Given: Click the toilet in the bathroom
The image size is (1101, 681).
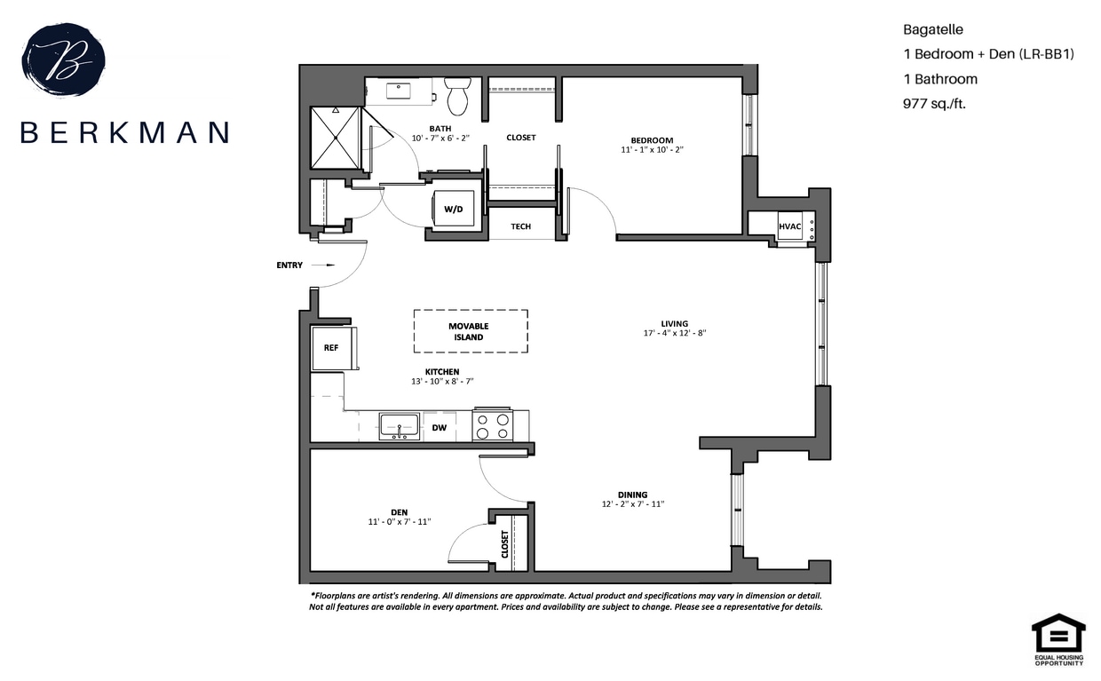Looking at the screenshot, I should click(457, 97).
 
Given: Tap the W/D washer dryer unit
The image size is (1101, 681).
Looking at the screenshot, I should click(453, 210).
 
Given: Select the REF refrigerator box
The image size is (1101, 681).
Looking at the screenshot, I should click(331, 348).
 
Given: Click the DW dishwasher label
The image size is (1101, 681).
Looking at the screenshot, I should click(439, 428).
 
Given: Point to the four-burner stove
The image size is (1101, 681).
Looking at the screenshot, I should click(493, 426).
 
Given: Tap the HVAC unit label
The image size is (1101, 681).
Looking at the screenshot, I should click(789, 226).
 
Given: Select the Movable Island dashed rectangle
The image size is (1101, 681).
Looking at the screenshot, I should click(470, 331).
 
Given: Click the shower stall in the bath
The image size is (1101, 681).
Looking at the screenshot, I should click(336, 139).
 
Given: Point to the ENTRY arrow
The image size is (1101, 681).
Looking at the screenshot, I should click(328, 265).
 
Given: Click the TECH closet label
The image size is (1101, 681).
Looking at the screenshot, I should click(520, 226).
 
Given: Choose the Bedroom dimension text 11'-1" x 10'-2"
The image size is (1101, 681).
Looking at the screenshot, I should click(652, 150).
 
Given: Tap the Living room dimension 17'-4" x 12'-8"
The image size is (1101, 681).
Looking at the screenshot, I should click(675, 333).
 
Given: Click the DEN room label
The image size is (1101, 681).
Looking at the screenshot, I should click(399, 511).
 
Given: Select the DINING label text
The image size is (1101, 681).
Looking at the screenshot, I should click(632, 495).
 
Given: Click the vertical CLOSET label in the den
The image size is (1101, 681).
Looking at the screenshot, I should click(504, 543).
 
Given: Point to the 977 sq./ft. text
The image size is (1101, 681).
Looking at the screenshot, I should click(933, 103).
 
